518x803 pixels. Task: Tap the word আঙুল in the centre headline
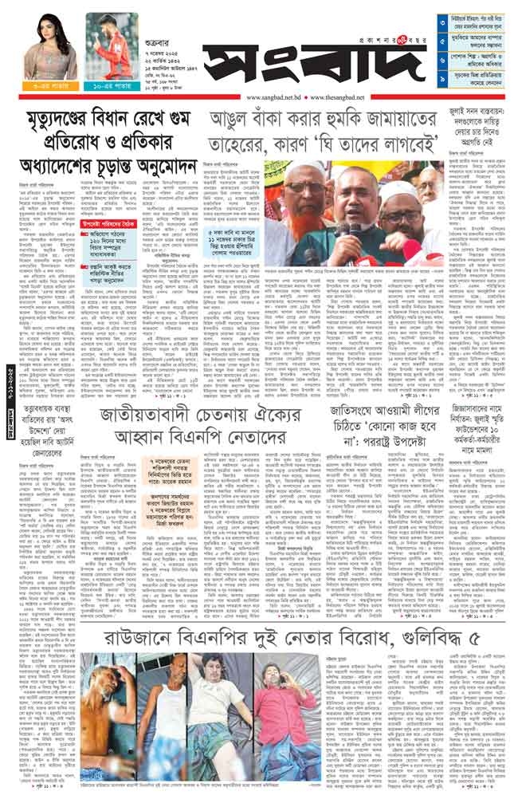point(230,120)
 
